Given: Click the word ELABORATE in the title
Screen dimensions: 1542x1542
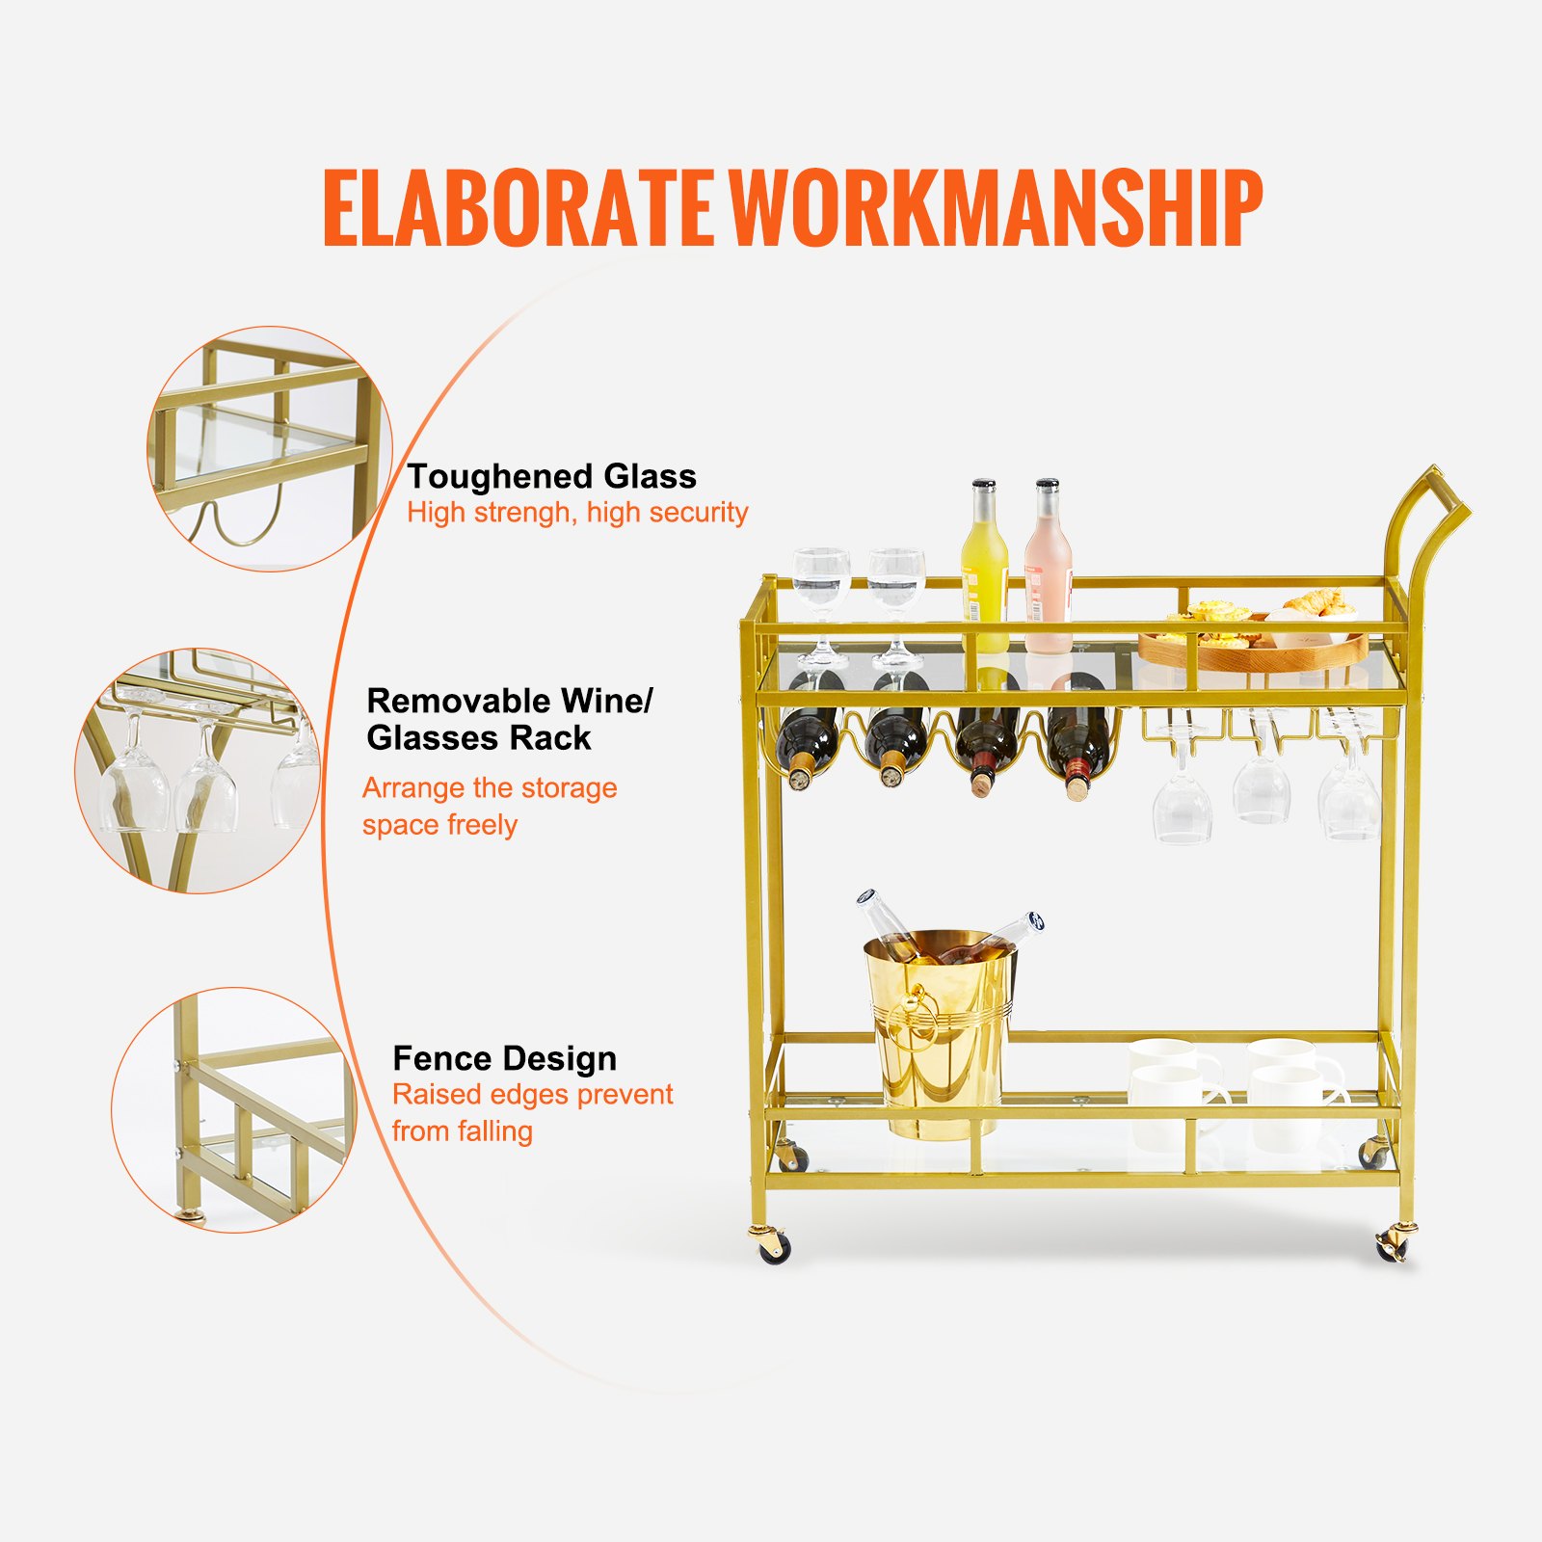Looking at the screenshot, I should (518, 208).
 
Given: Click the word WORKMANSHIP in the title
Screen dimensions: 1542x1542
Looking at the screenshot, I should (994, 208).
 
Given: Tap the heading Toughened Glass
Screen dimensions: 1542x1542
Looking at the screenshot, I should (551, 476).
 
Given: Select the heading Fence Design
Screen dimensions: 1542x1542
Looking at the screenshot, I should (504, 1058).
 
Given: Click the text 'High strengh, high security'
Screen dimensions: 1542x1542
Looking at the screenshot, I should (576, 513).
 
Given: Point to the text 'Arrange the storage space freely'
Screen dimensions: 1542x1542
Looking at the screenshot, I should (489, 806).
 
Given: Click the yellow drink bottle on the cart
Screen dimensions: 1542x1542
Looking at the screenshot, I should (984, 569).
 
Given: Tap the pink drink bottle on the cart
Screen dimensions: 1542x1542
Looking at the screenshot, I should (1048, 569).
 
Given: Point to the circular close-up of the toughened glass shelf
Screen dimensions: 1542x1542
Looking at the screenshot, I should (269, 449).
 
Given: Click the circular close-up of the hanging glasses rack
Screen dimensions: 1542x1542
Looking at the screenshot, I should (198, 770).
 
